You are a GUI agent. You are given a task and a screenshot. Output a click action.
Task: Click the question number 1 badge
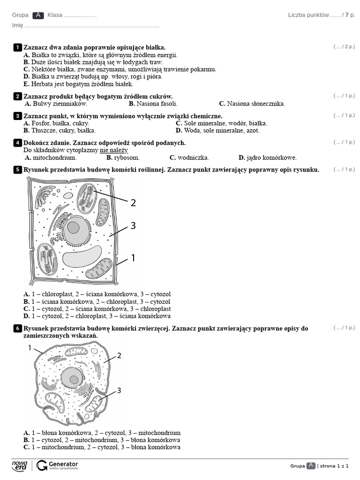[x=17, y=47]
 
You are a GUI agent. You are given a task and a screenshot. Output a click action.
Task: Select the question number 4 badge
[x=17, y=142]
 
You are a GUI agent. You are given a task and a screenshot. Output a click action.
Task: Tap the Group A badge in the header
[x=38, y=15]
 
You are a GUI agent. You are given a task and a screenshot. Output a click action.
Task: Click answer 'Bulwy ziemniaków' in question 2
[x=56, y=104]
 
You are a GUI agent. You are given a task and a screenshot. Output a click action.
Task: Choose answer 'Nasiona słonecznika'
[x=252, y=104]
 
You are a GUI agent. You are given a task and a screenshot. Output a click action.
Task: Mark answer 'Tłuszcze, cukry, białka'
[x=60, y=130]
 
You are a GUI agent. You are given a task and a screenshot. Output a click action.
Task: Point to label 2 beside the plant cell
[x=133, y=202]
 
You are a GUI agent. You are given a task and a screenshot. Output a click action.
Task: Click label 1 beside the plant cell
[x=133, y=257]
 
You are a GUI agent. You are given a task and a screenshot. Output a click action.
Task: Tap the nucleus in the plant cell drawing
[x=74, y=229]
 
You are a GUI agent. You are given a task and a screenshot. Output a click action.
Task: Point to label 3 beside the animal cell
[x=119, y=390]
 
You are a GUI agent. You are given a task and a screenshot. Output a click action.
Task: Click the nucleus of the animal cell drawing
[x=72, y=377]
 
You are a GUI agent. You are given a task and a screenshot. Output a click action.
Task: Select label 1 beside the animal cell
[x=30, y=348]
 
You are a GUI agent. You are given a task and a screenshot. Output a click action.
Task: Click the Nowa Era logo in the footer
[x=20, y=465]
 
